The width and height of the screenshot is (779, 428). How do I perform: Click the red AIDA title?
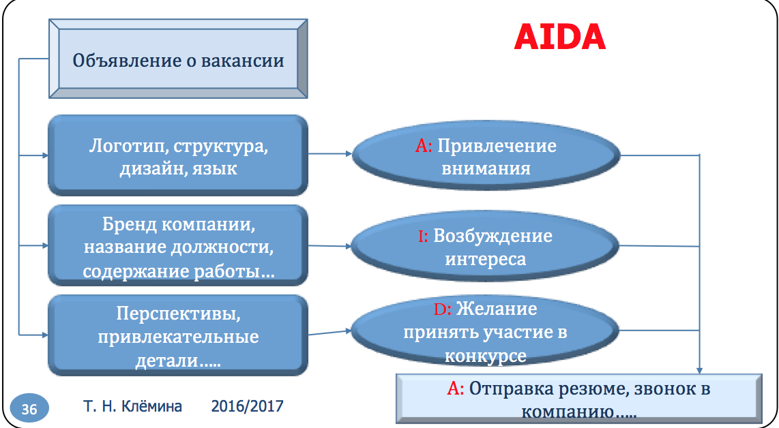click(559, 37)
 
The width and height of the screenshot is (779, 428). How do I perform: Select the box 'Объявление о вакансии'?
click(178, 60)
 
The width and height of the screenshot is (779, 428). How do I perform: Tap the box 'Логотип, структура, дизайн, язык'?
click(178, 156)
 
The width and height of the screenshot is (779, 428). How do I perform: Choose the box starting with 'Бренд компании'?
click(178, 247)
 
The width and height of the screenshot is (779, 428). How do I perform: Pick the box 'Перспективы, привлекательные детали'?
click(178, 336)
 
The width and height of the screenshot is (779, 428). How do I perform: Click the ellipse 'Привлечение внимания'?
click(486, 156)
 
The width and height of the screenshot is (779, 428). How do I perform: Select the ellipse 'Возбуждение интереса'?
click(486, 247)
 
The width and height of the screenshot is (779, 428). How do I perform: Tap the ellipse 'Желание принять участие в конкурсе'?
click(486, 332)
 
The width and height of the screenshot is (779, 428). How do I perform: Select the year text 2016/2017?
click(247, 407)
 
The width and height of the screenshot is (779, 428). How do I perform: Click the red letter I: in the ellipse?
click(423, 236)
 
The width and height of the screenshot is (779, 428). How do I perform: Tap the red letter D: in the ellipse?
click(443, 309)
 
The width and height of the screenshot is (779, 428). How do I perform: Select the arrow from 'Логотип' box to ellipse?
click(330, 155)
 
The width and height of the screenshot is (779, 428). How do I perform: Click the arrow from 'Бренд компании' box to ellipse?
click(330, 246)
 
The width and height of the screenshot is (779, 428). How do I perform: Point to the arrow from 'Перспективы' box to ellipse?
click(330, 333)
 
